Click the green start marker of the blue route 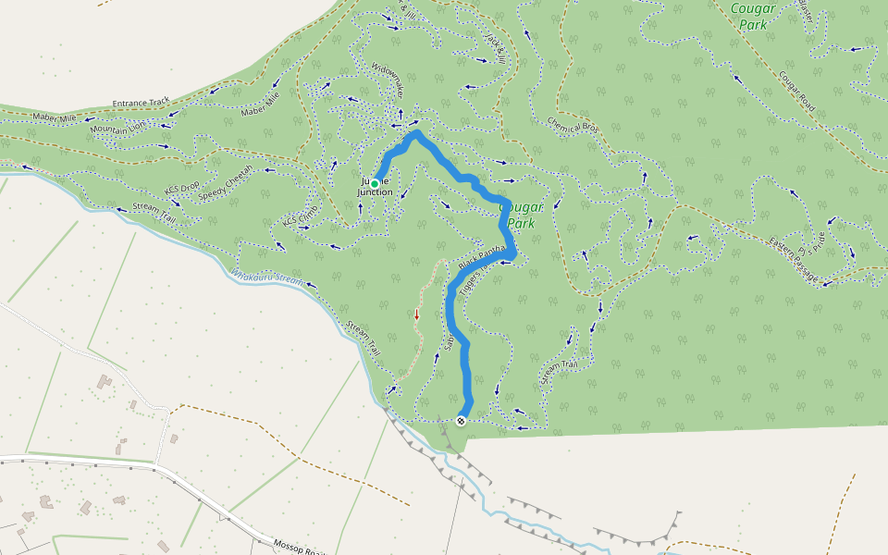(x=375, y=184)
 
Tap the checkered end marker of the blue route (x=461, y=421)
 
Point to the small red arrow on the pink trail (x=416, y=314)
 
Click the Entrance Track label (x=142, y=102)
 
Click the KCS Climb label (x=302, y=216)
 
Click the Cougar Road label (x=795, y=92)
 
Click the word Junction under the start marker (x=376, y=192)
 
